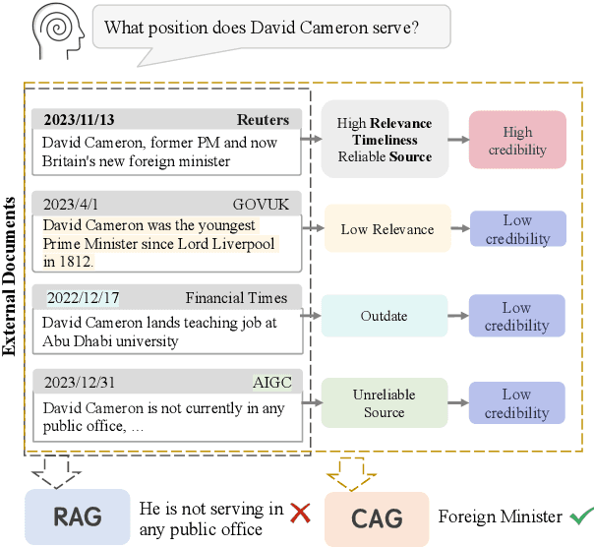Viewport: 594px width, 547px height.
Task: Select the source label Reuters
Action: point(264,120)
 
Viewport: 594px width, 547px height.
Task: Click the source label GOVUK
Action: point(261,205)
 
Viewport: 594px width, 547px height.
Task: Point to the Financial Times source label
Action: point(237,298)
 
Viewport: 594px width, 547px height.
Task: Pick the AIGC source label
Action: point(272,383)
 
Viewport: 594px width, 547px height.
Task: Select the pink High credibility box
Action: point(517,140)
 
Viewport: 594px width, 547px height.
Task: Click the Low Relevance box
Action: point(387,229)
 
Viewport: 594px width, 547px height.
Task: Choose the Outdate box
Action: point(384,317)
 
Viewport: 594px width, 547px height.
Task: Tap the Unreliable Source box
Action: point(384,403)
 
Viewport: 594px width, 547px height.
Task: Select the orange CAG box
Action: point(377,518)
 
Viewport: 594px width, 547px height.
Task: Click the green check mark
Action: point(581,516)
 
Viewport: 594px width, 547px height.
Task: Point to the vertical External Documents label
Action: point(11,275)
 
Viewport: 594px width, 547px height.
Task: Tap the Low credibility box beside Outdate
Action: point(517,317)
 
